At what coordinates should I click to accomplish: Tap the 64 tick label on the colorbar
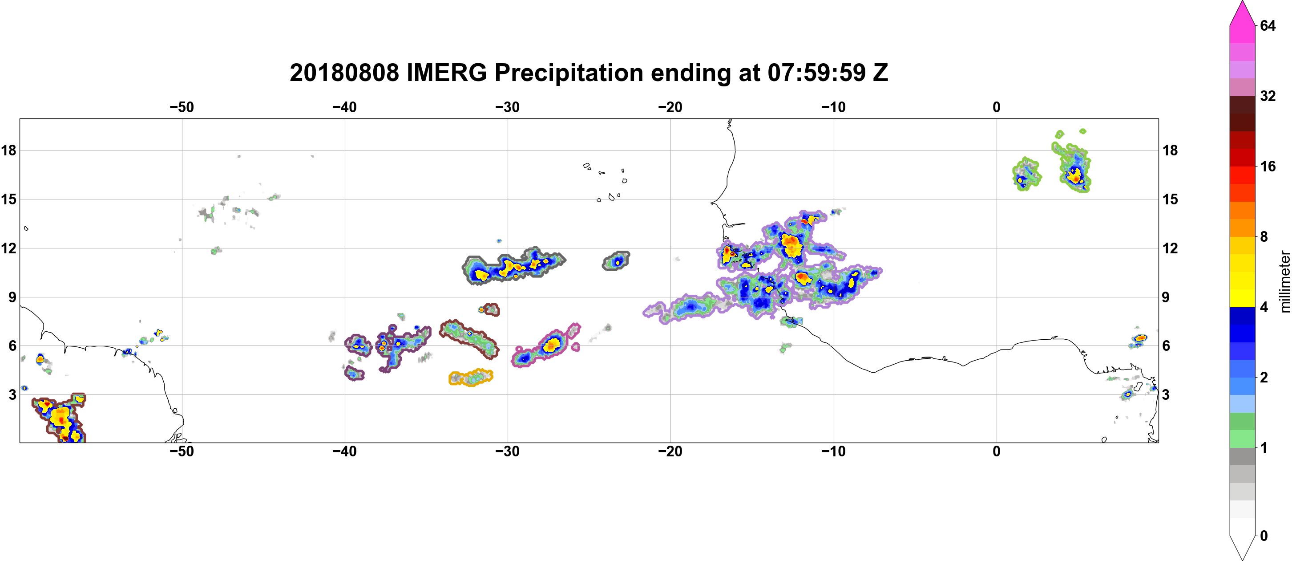[1268, 25]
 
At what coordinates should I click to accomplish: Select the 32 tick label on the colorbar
[1268, 96]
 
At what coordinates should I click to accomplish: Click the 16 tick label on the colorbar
[1268, 166]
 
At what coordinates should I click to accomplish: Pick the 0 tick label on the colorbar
[1264, 536]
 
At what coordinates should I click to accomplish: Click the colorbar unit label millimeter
[1284, 281]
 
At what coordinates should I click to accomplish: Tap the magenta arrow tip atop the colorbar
[1242, 3]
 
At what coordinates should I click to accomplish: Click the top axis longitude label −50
[182, 107]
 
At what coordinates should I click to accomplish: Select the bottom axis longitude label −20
[670, 451]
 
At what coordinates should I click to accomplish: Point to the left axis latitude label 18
[8, 150]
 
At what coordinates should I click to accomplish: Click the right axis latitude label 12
[1170, 248]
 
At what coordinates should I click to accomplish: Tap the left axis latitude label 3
[12, 394]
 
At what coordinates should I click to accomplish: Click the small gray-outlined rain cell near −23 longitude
[616, 261]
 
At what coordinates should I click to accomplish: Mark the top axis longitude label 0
[997, 107]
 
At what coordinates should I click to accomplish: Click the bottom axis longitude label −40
[344, 451]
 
